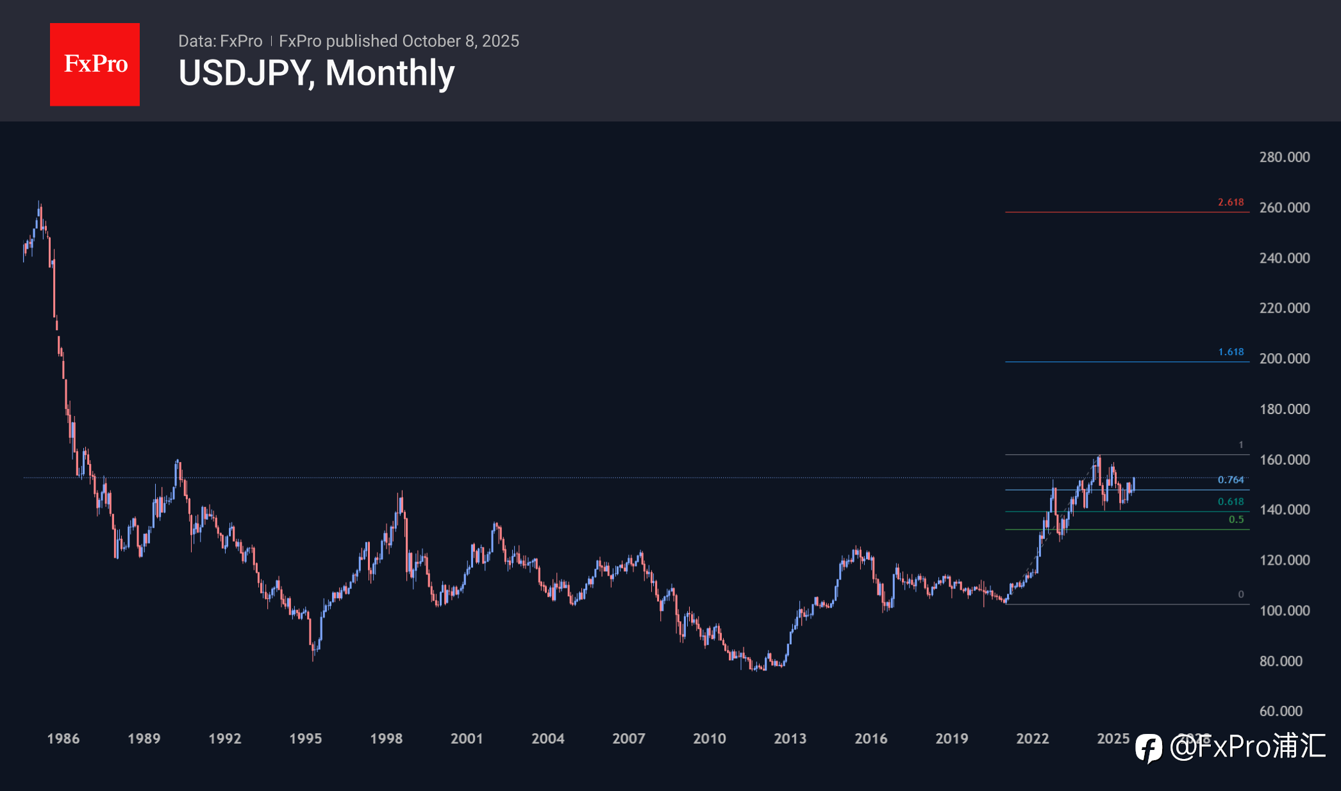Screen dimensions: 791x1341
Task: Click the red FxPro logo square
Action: [95, 65]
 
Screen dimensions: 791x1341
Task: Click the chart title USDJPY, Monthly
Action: [316, 73]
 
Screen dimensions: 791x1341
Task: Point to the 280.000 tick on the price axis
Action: [1284, 157]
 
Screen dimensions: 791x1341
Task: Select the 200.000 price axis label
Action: [1284, 358]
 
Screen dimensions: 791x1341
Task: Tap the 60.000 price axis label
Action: [1281, 711]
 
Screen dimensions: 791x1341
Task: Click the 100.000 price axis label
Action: [1284, 610]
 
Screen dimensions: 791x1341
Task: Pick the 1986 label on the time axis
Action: [63, 738]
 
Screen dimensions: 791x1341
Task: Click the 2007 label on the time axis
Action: [628, 738]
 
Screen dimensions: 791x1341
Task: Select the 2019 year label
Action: [951, 738]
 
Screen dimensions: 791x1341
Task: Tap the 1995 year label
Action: [305, 738]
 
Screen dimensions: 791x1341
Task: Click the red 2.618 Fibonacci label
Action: [1231, 202]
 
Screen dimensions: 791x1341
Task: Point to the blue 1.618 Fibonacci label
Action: [1231, 352]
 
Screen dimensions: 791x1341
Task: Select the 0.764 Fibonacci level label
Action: [1231, 479]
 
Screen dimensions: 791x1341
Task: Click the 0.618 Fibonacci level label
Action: [1231, 501]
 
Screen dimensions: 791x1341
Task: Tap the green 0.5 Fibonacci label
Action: [1236, 519]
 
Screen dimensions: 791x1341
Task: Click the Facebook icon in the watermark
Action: [1149, 747]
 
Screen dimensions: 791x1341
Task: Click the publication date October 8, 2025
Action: [460, 41]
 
